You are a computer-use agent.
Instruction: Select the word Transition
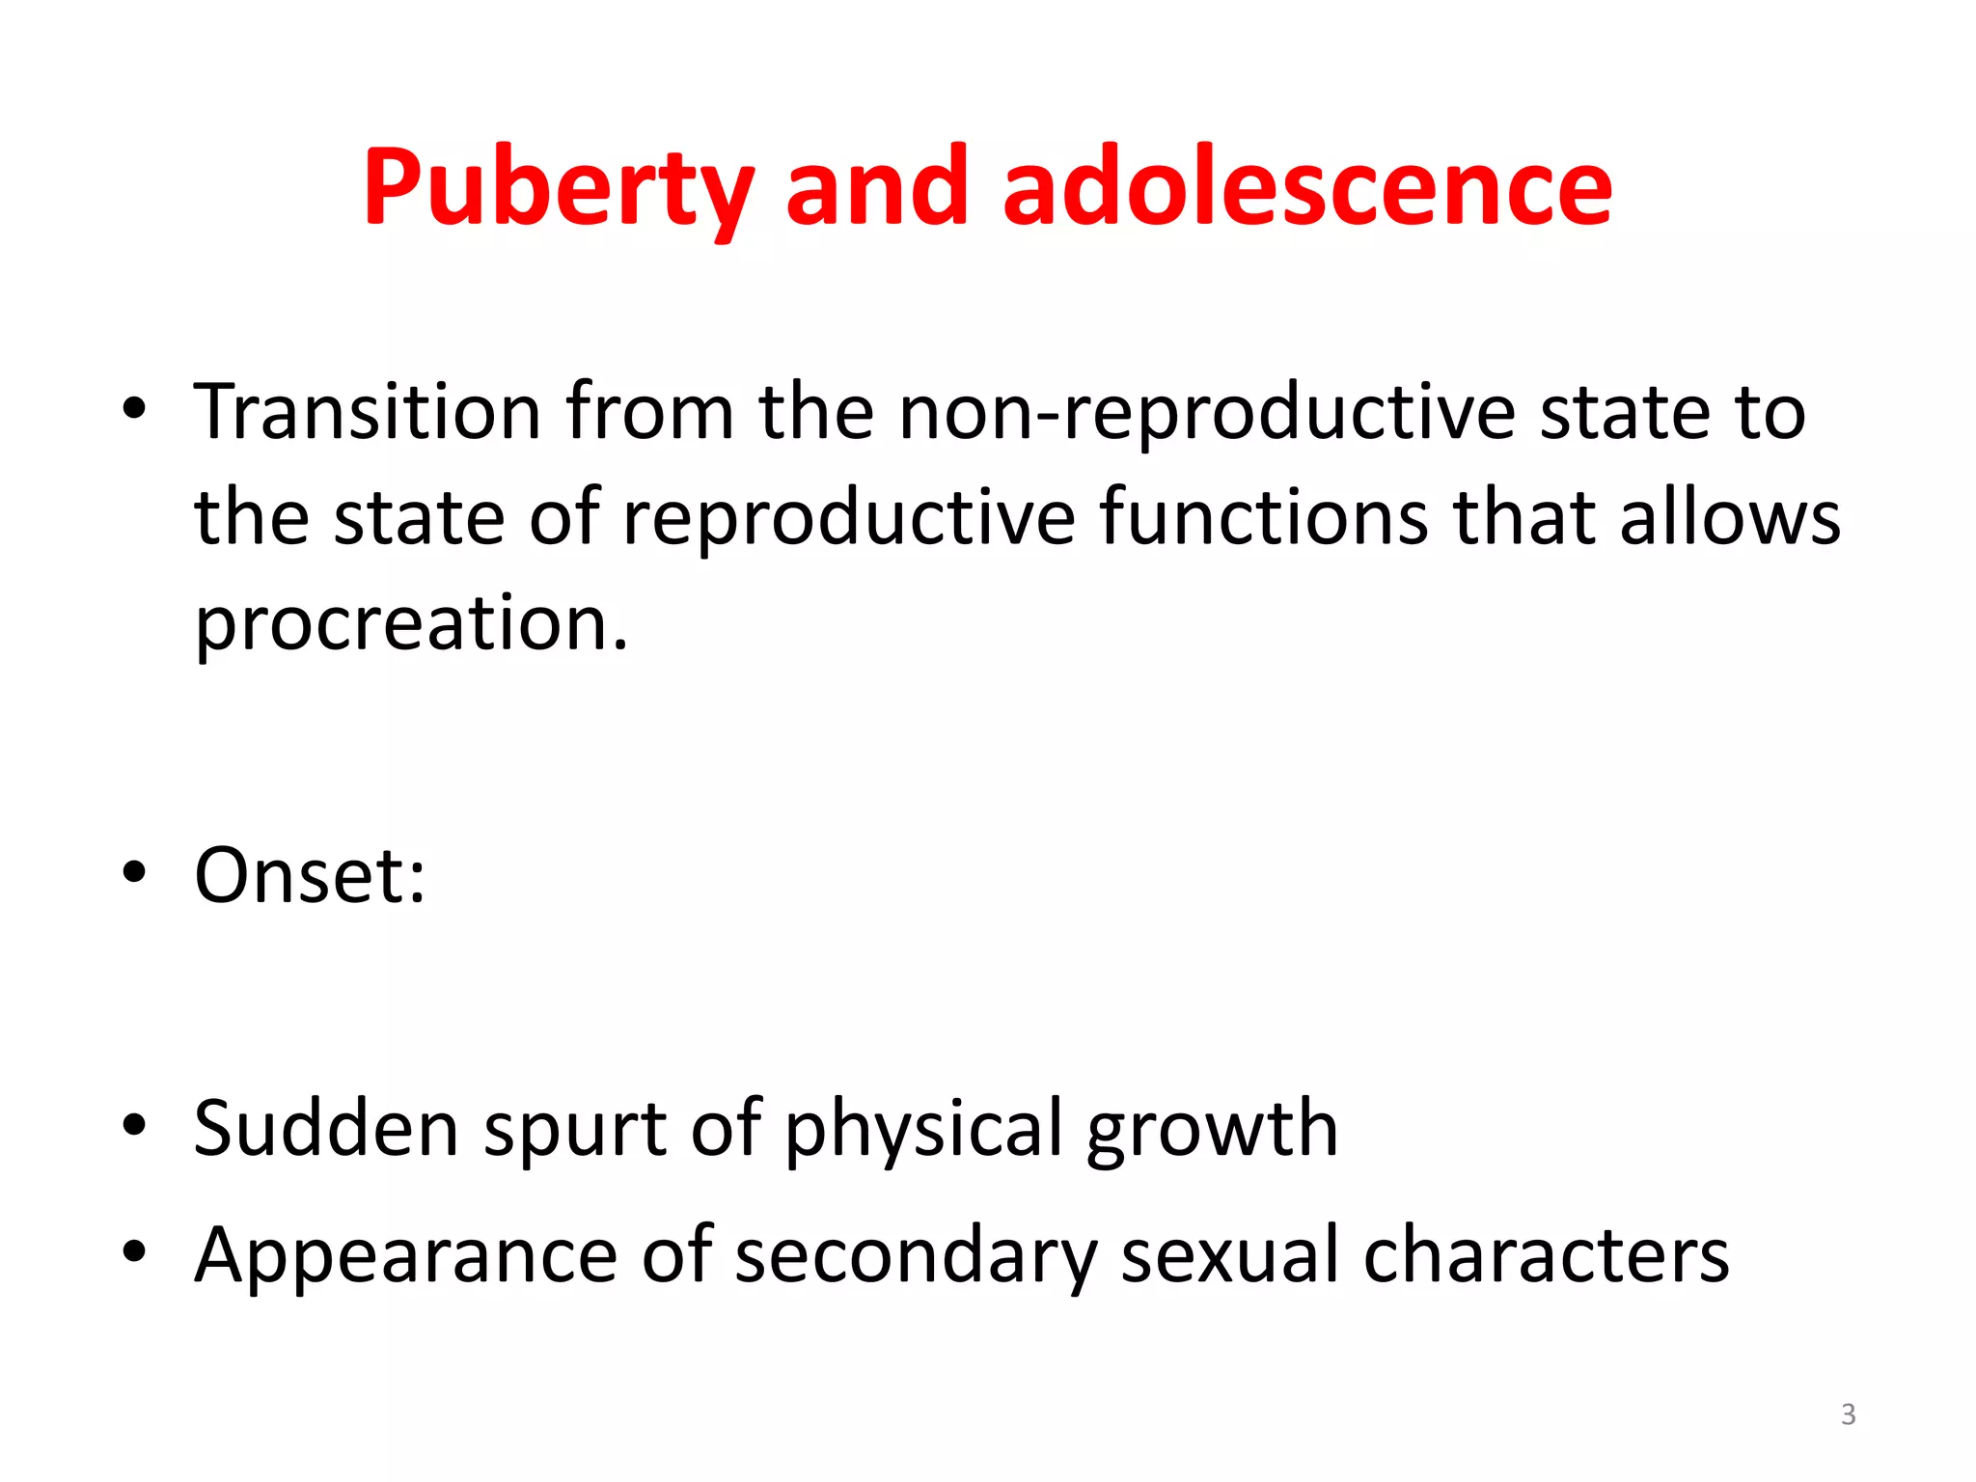[x=368, y=412]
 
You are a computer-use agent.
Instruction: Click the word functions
[x=1264, y=518]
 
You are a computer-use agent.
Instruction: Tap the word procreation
[x=411, y=624]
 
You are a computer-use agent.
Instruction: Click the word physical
[x=923, y=1129]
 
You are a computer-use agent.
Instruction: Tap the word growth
[x=1213, y=1129]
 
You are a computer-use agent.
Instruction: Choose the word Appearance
[x=405, y=1256]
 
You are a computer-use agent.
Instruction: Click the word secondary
[x=916, y=1256]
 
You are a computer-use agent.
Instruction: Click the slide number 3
[x=1848, y=1414]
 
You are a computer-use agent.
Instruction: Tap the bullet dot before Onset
[x=134, y=873]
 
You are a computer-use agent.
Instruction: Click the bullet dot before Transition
[x=134, y=410]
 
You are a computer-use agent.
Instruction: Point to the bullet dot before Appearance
[x=134, y=1252]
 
